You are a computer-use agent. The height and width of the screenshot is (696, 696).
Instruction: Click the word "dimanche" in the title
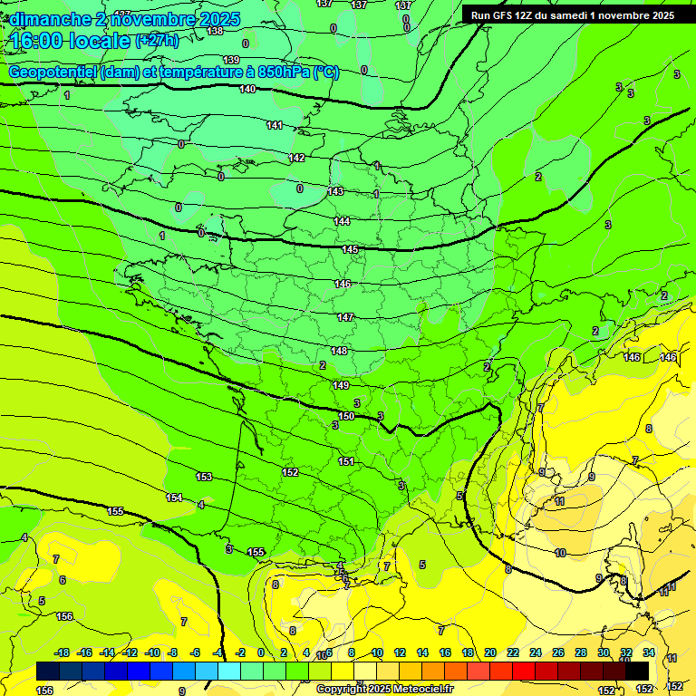coord(49,19)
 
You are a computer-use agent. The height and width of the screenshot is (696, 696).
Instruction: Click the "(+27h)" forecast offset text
coord(157,41)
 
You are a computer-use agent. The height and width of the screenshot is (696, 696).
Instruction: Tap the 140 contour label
coord(247,90)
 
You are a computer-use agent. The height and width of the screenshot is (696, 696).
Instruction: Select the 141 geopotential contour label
coord(275,125)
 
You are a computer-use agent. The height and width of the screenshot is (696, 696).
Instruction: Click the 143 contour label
coord(335,191)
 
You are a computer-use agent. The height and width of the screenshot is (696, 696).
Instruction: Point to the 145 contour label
coord(350,249)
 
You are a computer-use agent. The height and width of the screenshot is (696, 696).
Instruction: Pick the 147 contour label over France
coord(345,317)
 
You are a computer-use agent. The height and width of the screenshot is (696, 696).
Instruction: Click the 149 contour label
coord(341,385)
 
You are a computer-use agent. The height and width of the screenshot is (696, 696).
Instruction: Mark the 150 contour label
coord(346,416)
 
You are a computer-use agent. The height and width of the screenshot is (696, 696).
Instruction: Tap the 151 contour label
coord(346,461)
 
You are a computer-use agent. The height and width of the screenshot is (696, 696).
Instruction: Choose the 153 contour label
coord(204,477)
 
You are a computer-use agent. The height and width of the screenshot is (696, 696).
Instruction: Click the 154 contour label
coord(174,498)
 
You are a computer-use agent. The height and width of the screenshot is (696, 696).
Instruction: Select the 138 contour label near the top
coord(215,31)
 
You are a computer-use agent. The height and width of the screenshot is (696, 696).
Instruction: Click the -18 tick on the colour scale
coord(62,652)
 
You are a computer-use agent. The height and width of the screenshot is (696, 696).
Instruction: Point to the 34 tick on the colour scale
coord(649,652)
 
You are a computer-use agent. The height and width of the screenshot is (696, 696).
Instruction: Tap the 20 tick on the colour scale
coord(489,652)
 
